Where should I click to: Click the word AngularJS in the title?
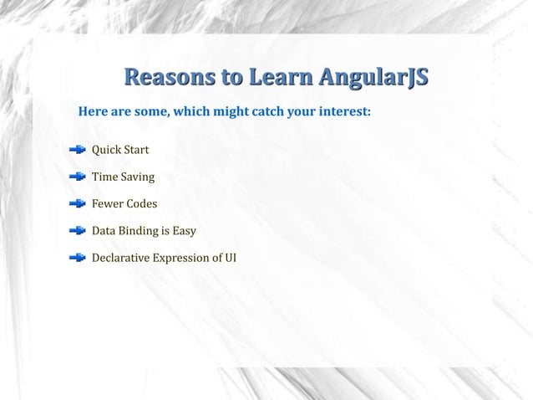point(372,79)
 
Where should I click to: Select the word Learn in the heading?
point(277,79)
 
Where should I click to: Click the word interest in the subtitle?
point(344,111)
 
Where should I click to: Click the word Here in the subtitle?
point(92,111)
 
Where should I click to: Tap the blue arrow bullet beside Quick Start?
point(77,150)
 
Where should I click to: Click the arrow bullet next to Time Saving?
point(77,177)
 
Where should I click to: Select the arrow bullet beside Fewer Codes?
point(77,203)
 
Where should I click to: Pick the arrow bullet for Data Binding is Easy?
point(77,230)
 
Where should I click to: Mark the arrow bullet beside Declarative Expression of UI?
point(77,257)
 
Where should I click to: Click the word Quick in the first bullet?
point(105,151)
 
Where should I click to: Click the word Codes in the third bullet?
point(142,203)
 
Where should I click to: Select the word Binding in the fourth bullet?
point(138,231)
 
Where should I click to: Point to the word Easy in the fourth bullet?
point(183,231)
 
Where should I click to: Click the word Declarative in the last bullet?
point(120,257)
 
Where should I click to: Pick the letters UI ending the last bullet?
point(229,257)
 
